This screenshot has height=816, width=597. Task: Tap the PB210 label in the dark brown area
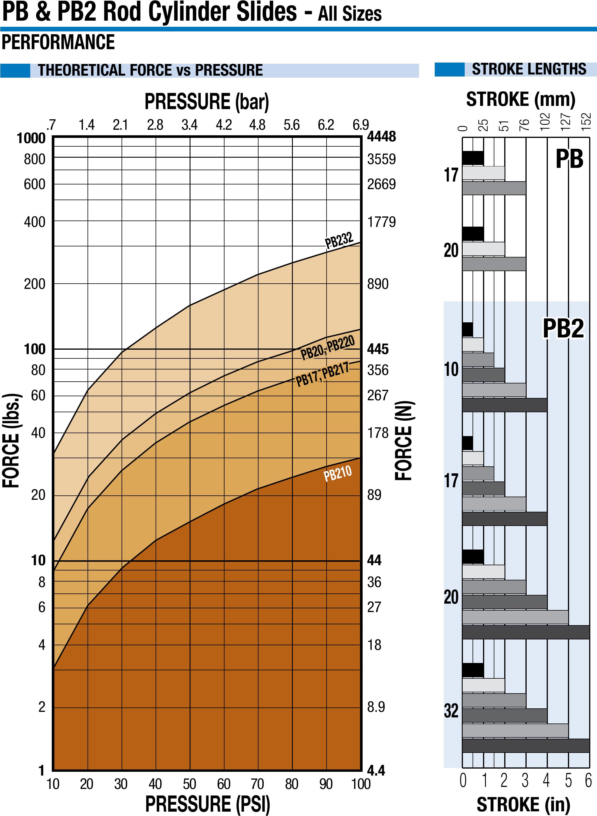coord(338,473)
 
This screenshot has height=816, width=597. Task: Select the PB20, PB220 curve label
coord(327,348)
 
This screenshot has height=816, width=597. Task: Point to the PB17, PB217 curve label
coord(322,375)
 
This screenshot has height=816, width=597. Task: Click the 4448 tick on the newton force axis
coord(381,137)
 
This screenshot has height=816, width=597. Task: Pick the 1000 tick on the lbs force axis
coord(31,138)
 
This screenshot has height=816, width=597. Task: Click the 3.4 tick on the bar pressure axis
coord(189,125)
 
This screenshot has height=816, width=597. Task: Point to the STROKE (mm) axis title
coord(521,99)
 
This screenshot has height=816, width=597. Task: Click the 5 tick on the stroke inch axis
coord(568,781)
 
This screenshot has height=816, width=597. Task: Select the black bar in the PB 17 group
coord(473,158)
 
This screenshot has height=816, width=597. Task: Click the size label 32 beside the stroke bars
coord(451,710)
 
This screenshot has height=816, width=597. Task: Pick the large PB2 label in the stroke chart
coord(563,329)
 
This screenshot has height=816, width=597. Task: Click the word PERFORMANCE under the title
coord(58,42)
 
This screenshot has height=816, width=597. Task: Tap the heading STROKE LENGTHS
coord(529,69)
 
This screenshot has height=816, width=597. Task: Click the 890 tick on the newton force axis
coord(378,284)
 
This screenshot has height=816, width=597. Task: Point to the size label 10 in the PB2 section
coord(451,369)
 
